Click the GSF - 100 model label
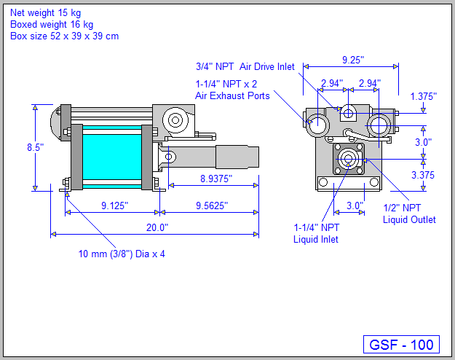pos(400,345)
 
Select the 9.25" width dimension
pos(354,60)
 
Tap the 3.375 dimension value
pos(423,175)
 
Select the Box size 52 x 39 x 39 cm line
pos(64,36)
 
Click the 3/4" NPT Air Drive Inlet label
pos(245,66)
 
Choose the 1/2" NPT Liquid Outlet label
pos(409,214)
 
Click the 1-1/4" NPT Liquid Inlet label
pos(316,232)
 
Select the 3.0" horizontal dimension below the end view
pos(355,206)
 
